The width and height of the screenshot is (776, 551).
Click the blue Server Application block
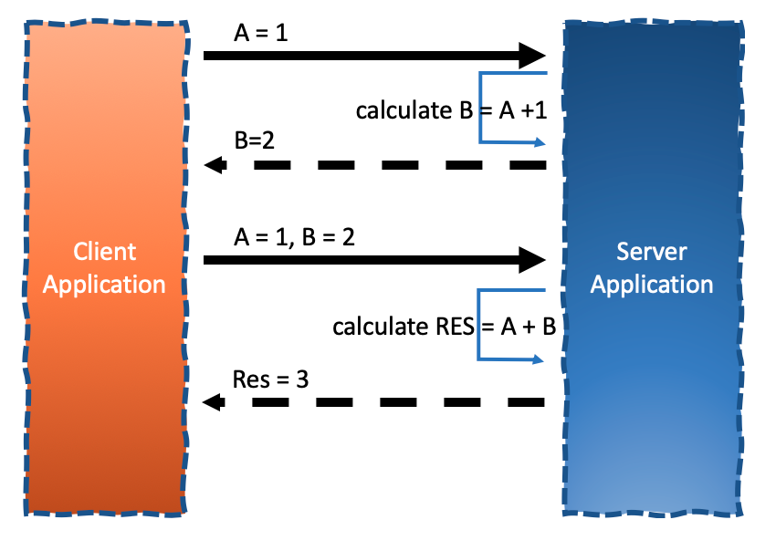coord(651,383)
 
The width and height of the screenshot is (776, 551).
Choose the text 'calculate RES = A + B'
coord(445,327)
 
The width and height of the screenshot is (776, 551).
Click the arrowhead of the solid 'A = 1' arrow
coord(532,56)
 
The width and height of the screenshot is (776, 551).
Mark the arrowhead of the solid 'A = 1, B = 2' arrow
coord(532,260)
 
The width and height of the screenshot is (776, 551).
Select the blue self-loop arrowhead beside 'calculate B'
coord(540,142)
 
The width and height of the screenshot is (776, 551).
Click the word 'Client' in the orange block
coord(105,252)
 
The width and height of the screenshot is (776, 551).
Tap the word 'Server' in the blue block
coord(651,252)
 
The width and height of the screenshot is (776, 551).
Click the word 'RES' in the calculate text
coord(452,327)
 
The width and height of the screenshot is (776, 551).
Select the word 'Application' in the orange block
coord(105,284)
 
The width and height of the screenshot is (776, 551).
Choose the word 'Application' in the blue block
coord(651,284)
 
